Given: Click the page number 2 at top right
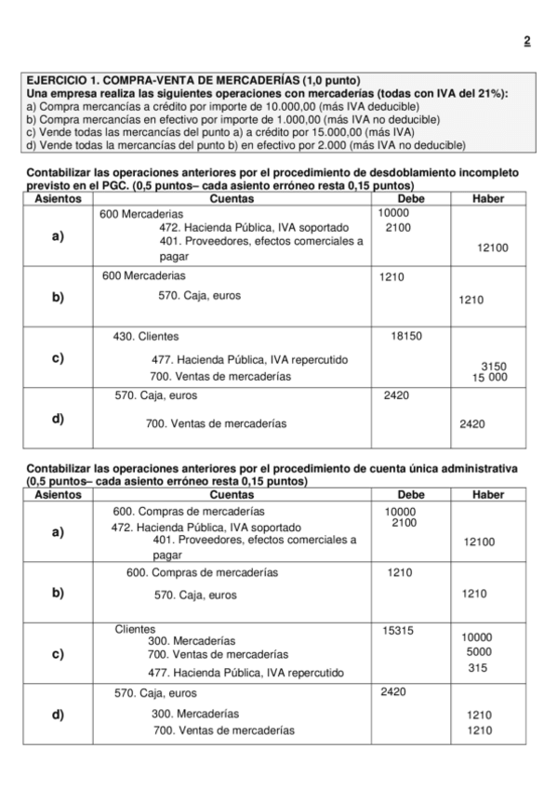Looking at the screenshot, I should click(526, 41).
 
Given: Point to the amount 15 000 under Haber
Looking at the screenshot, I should click(489, 377).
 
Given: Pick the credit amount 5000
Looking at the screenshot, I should click(479, 651).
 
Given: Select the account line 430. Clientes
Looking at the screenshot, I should click(146, 337).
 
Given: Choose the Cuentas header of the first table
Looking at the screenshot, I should click(232, 198).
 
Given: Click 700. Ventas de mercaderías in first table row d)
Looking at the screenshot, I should click(217, 423).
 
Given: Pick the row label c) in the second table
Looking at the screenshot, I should click(58, 653).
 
